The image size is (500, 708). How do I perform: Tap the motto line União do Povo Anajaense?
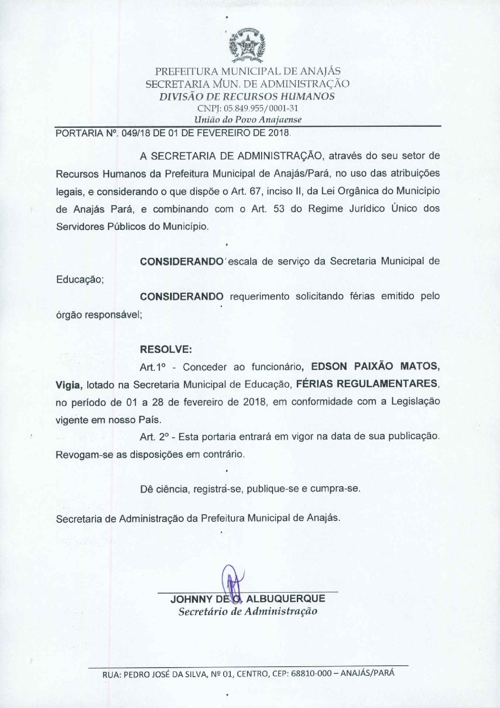point(248,120)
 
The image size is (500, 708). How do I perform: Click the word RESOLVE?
point(166,349)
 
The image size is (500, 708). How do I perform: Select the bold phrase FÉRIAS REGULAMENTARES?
point(367,384)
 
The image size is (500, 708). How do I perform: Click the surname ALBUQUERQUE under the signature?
point(286,599)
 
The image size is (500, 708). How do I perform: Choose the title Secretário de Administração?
point(247,611)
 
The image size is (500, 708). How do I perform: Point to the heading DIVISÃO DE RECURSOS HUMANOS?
point(247,96)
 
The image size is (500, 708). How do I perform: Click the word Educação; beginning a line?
point(80,279)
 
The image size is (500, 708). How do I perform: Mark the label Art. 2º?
point(153,436)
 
